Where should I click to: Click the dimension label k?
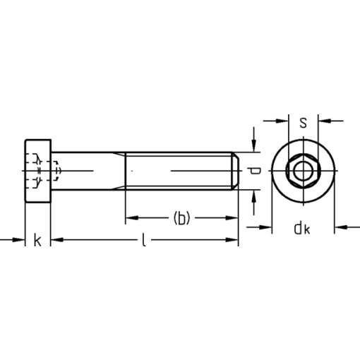coord(37,241)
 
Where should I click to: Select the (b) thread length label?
coord(181,218)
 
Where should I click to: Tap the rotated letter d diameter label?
coord(258,171)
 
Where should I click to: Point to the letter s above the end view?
coord(303,122)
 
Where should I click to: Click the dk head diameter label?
coord(303,227)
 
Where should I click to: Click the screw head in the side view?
coord(39,171)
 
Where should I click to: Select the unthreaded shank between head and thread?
coord(88,171)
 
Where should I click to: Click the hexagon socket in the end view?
coord(303,171)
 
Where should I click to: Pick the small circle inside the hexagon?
coord(303,171)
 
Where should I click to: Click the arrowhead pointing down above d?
coord(252,145)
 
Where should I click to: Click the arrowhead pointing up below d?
coord(252,197)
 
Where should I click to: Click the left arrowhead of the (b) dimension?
coord(131,218)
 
